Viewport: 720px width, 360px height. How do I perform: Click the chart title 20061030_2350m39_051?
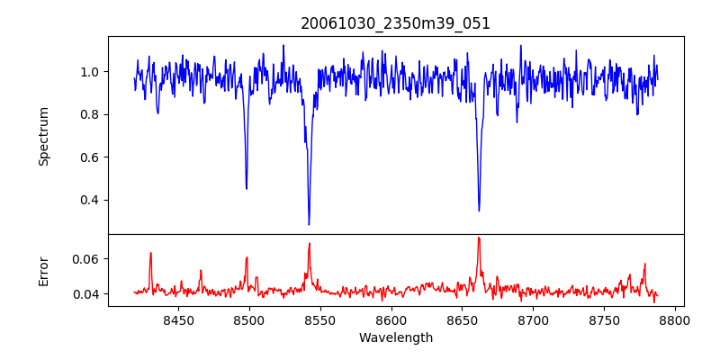point(395,23)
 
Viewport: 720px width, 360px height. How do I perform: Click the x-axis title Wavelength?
point(395,337)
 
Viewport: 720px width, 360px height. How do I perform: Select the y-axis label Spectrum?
point(43,136)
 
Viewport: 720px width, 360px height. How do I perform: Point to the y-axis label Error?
point(43,271)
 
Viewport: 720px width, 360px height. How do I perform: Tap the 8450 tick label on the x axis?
point(178,319)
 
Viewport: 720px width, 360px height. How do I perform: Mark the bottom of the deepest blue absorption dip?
point(309,224)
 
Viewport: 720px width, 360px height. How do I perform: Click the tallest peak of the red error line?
point(479,238)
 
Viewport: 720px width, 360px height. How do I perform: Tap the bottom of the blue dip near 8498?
point(247,188)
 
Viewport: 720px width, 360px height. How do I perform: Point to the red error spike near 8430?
point(150,253)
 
